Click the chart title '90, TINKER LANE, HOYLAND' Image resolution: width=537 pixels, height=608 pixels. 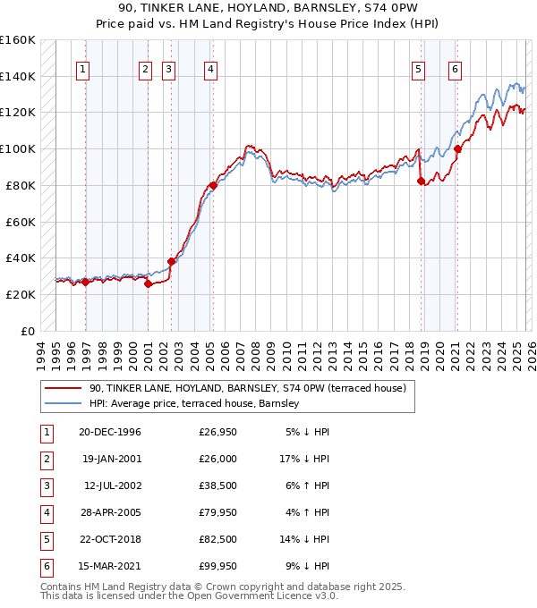(268, 8)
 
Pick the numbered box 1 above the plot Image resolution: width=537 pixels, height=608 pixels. (82, 70)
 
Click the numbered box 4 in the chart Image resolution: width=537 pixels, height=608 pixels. (209, 70)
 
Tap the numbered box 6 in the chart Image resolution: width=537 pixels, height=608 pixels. (456, 70)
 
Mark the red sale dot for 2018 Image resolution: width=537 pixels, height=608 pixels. (422, 181)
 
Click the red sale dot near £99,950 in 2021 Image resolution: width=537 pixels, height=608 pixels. (457, 148)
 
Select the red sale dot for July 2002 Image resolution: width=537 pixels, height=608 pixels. (171, 261)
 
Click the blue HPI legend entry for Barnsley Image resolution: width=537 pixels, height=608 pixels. (199, 404)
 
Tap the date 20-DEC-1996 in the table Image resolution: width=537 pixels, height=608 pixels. (110, 433)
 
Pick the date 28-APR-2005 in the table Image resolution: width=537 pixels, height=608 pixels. (110, 513)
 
